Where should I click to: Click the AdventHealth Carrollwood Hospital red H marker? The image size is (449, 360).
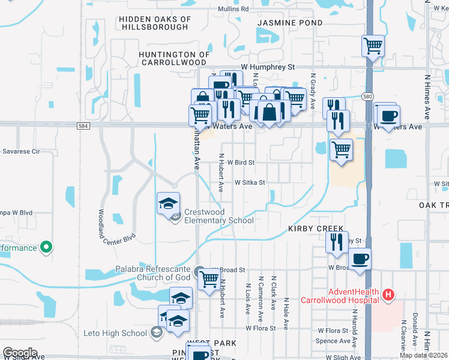click(389, 295)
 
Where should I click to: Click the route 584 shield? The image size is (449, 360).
click(83, 125)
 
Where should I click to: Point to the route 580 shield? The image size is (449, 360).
click(367, 96)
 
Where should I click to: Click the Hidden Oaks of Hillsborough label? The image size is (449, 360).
click(155, 23)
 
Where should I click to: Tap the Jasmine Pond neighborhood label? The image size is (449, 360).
click(290, 23)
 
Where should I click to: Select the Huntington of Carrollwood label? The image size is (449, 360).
click(175, 58)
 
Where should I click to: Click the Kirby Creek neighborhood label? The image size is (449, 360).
click(316, 229)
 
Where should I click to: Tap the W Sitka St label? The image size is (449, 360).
click(250, 182)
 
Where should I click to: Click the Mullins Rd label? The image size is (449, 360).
click(233, 9)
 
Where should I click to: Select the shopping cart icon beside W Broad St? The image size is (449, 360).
click(209, 278)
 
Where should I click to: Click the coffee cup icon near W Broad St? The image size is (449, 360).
click(360, 259)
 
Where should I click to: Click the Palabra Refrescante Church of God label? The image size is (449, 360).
click(154, 273)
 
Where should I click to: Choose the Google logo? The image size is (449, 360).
click(20, 353)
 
